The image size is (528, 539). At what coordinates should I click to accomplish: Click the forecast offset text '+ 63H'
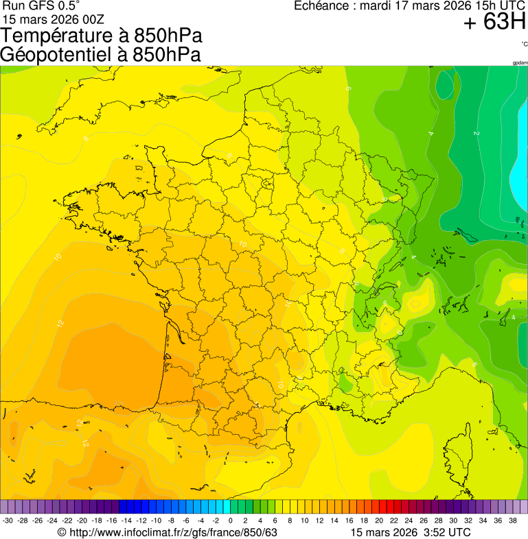click(x=494, y=23)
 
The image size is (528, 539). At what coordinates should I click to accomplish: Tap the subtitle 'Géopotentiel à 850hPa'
click(x=100, y=54)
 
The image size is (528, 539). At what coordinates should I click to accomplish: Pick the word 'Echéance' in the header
click(x=322, y=5)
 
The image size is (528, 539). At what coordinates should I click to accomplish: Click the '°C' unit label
click(x=524, y=44)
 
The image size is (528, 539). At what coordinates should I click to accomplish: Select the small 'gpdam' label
click(x=520, y=62)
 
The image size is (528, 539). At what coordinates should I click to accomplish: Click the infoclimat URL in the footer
click(x=172, y=532)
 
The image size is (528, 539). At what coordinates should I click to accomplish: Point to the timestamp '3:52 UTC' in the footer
click(x=446, y=532)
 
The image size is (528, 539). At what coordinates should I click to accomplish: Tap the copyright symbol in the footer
click(x=62, y=532)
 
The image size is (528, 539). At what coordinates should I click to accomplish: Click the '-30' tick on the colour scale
click(x=8, y=521)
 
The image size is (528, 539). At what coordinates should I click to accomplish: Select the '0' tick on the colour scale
click(x=230, y=521)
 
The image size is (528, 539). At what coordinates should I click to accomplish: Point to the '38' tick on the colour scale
click(x=512, y=521)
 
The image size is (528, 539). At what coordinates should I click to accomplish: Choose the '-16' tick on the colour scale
click(x=112, y=521)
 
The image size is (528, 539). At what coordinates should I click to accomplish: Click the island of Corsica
click(x=459, y=456)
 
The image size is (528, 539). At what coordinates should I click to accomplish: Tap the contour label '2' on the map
click(x=476, y=133)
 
